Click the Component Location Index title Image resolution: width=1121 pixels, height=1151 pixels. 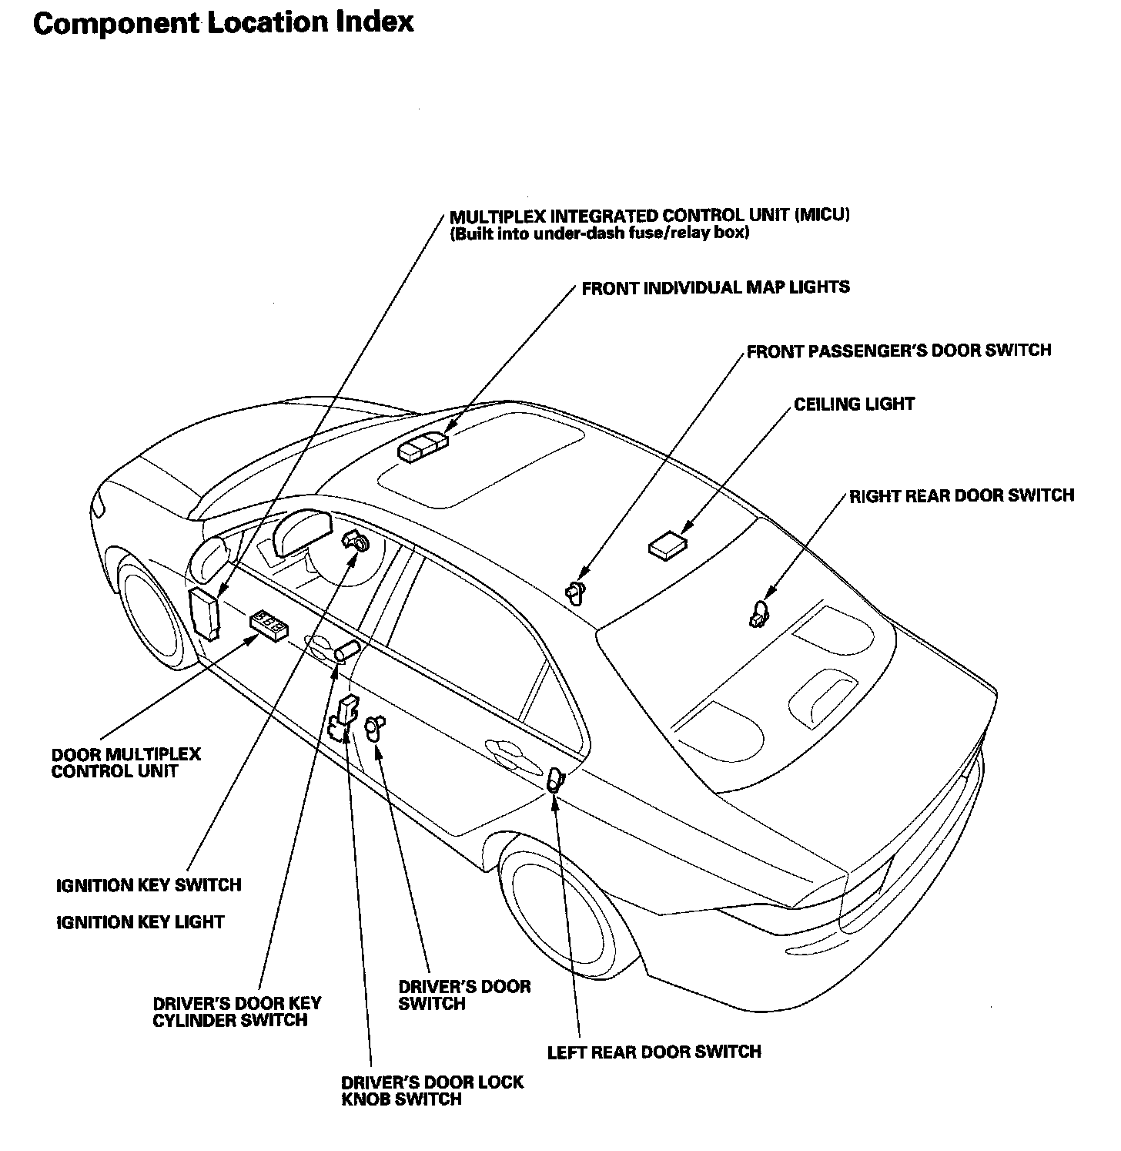point(223,23)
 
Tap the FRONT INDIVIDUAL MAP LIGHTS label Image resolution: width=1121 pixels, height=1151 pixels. point(715,288)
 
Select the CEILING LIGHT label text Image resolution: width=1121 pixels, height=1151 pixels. point(854,404)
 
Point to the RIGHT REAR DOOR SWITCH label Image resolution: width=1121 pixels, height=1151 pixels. point(961,495)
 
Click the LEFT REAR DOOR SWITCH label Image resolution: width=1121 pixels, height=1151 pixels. point(654,1052)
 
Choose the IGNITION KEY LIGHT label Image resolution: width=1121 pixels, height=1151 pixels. point(140,922)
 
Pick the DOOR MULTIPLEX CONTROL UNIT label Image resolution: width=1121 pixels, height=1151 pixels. point(125,763)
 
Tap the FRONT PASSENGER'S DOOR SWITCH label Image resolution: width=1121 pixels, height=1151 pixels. point(898,351)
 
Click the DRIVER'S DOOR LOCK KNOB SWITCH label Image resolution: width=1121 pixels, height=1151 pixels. point(432,1090)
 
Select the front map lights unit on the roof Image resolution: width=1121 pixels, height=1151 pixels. point(423,447)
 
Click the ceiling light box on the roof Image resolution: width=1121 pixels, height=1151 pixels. point(668,545)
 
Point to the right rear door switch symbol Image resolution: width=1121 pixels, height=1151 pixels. point(758,615)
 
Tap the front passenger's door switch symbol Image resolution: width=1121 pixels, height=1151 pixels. point(575,591)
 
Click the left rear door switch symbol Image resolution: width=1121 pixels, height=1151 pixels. point(555,781)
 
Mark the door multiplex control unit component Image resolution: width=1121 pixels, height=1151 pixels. point(269,625)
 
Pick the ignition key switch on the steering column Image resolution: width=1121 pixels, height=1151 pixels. point(356,542)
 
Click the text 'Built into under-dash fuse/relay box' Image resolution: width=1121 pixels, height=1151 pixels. point(600,233)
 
